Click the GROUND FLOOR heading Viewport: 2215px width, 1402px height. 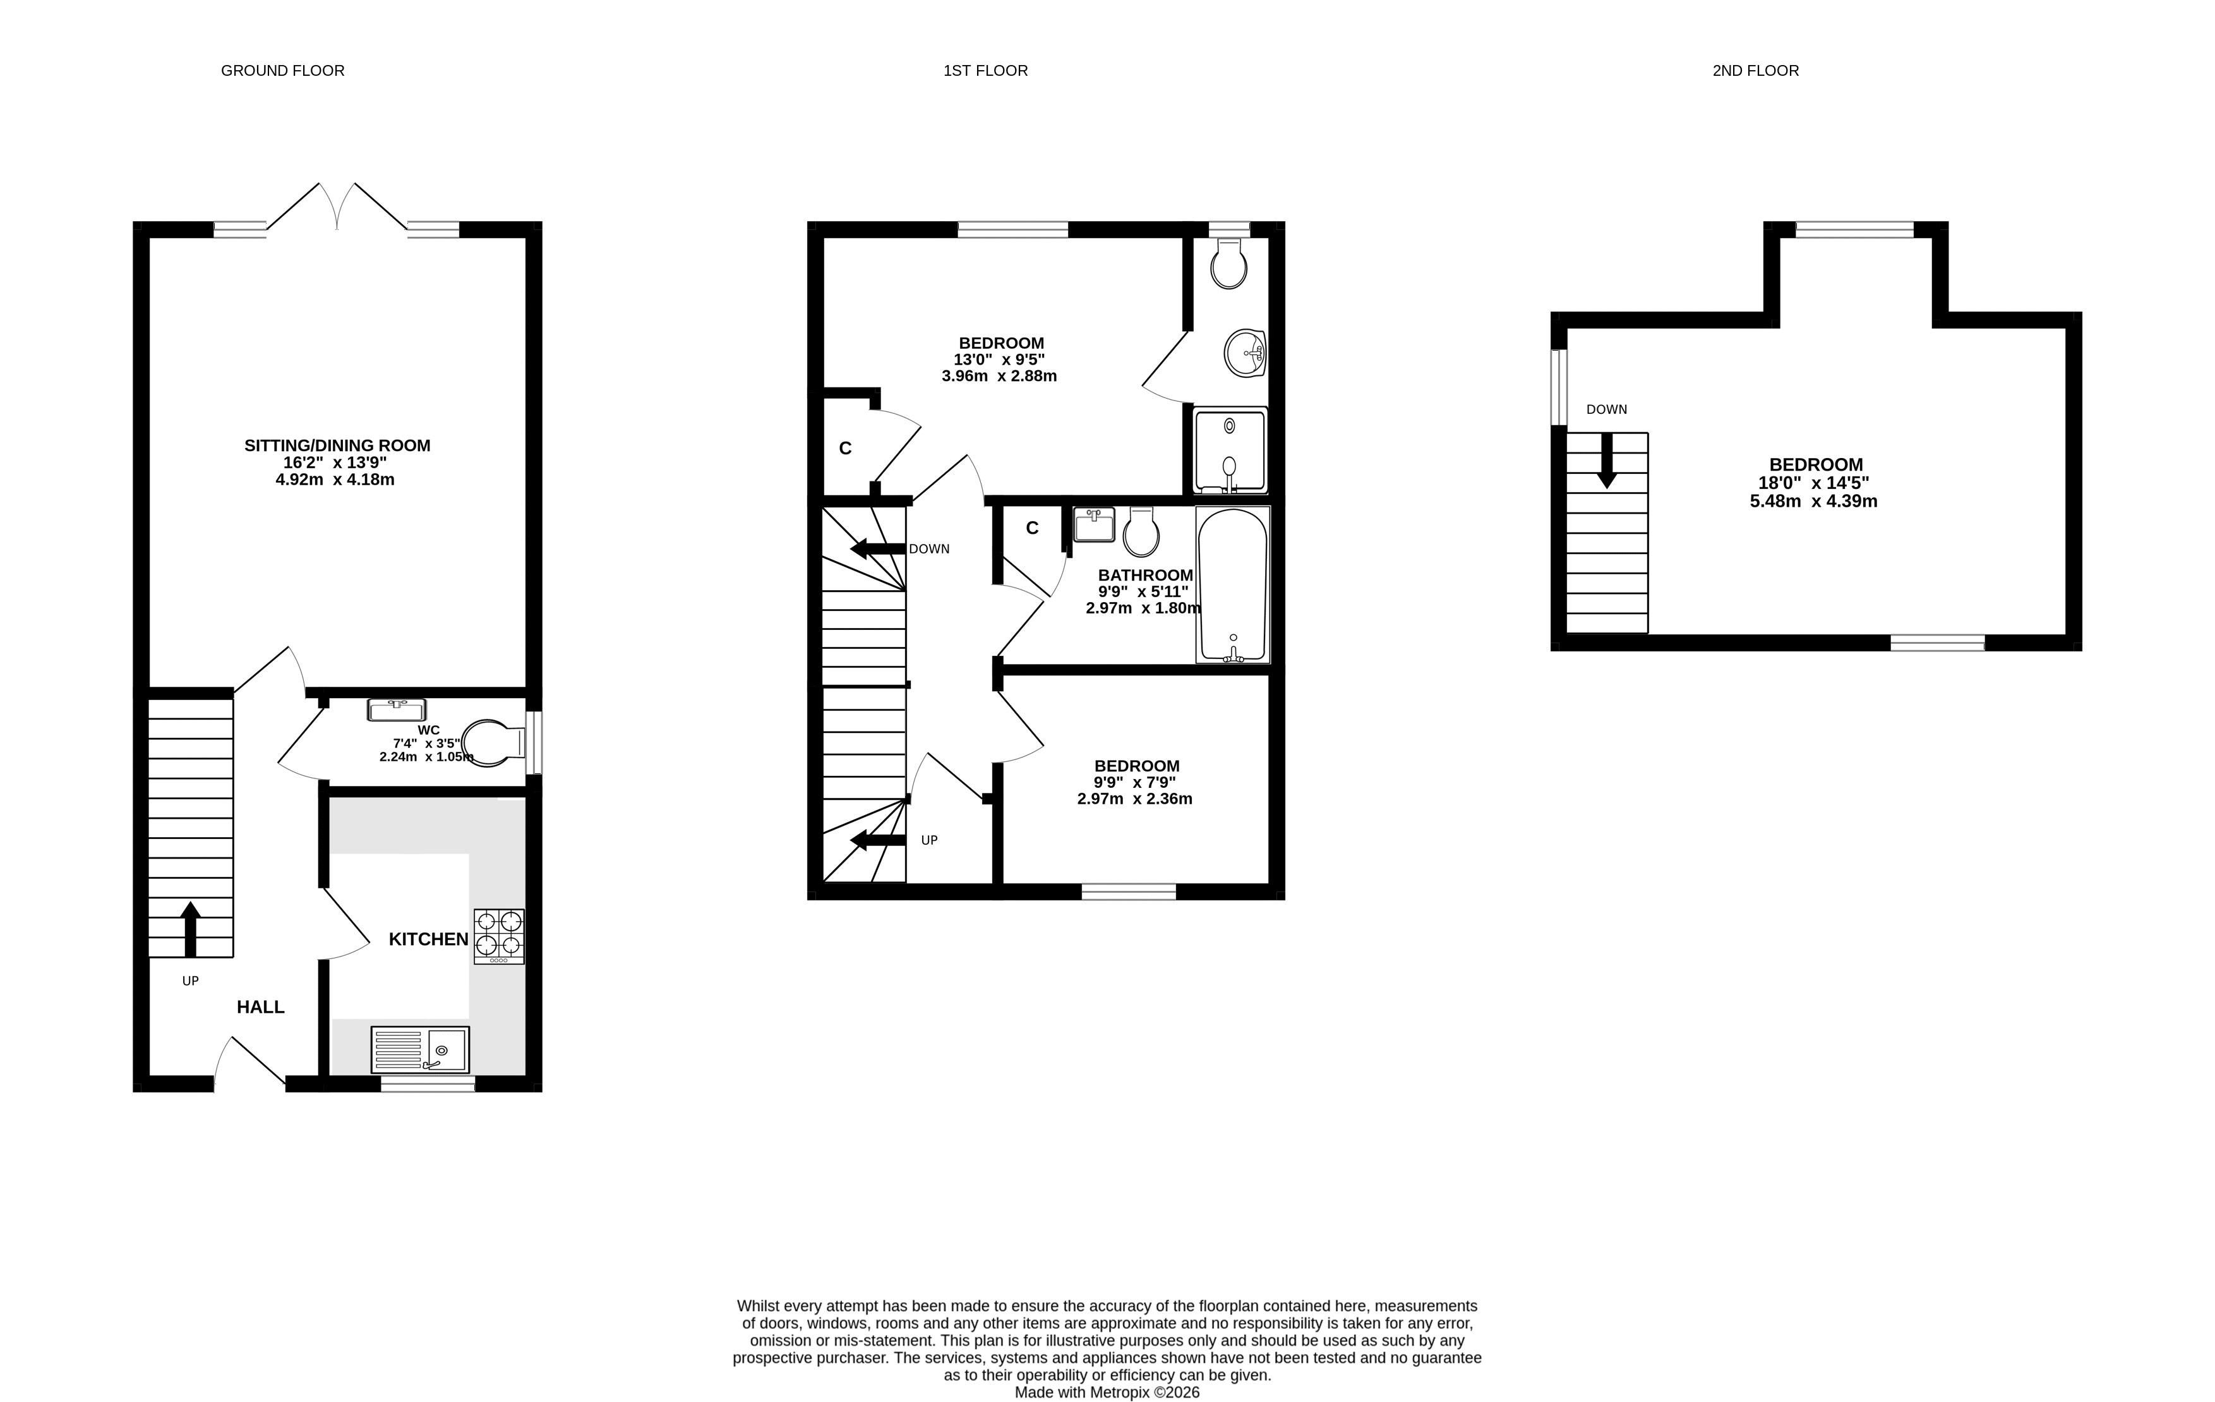coord(282,71)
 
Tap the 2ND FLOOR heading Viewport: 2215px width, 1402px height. coord(1755,71)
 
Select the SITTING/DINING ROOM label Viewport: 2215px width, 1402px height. coord(337,445)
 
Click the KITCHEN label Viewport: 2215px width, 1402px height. coord(429,940)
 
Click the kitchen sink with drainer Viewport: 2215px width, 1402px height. coord(421,1049)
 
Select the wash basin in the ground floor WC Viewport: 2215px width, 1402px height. coord(397,710)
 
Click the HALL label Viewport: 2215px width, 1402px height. coord(260,1007)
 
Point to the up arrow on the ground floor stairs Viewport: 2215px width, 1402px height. coord(190,929)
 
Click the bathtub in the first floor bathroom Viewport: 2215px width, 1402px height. coord(1233,584)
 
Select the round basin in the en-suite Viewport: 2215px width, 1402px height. coord(1246,353)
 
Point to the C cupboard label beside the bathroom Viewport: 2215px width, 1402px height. coord(1032,528)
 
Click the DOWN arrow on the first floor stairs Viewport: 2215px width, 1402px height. coord(877,549)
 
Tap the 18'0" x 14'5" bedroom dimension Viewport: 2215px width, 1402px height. coord(1814,483)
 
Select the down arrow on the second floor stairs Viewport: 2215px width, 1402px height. coord(1607,460)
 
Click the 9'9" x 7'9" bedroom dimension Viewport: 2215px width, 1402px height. coord(1134,782)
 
